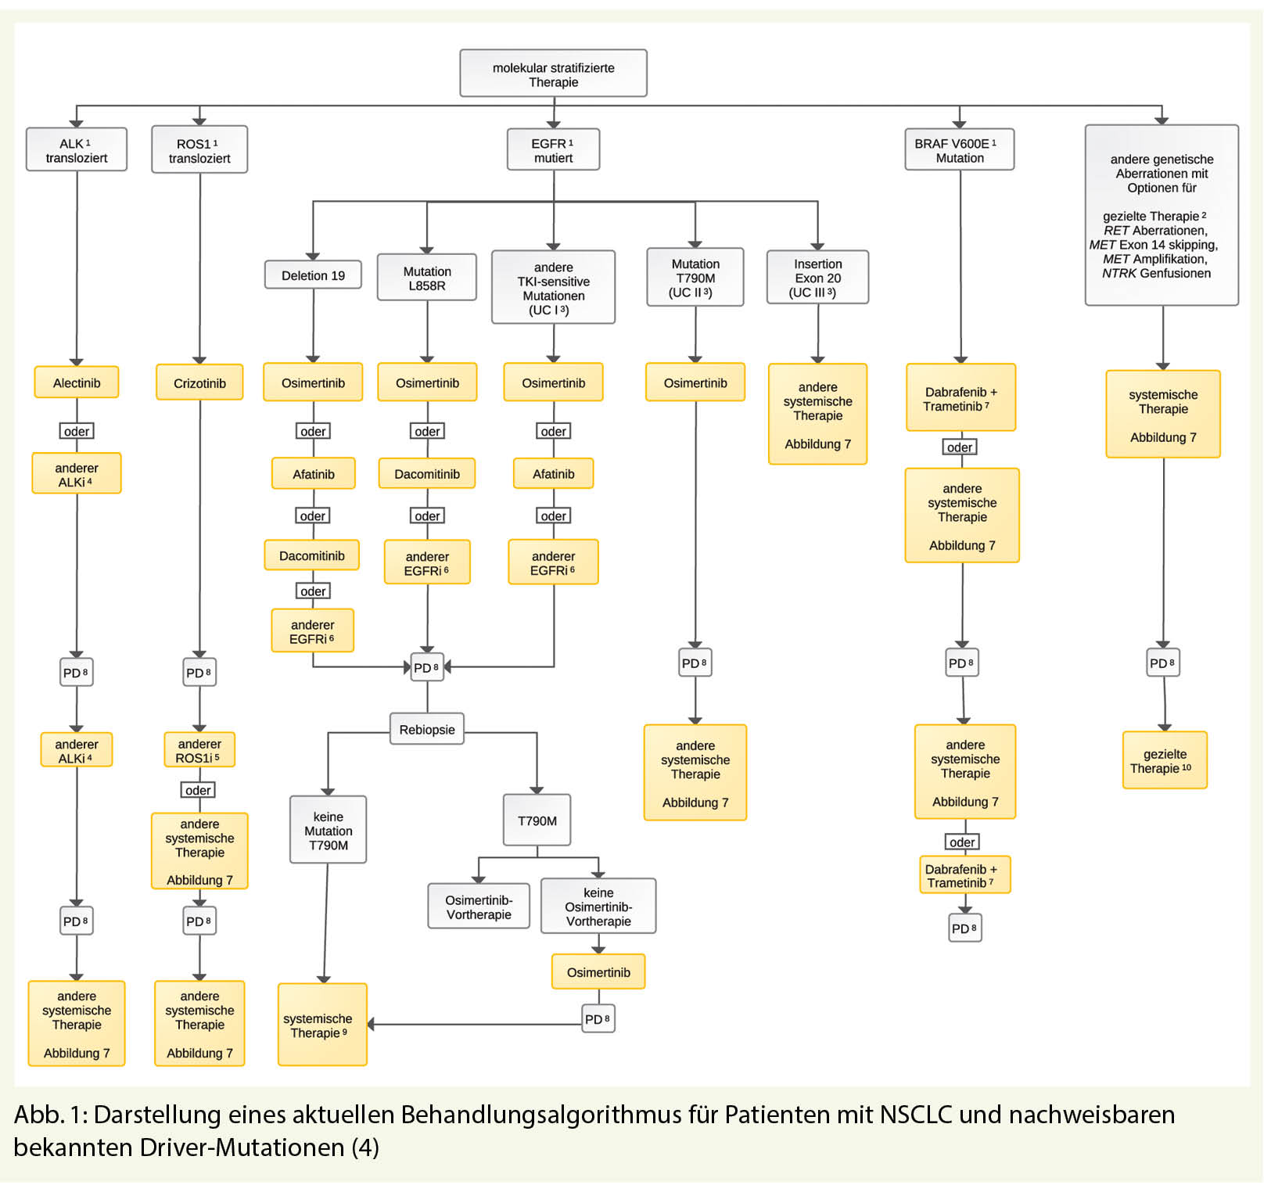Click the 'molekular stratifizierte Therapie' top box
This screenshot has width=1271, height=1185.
(553, 74)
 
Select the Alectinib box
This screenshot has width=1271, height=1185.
(77, 382)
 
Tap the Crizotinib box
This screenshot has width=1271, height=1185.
(199, 382)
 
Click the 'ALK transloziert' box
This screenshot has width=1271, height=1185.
(77, 150)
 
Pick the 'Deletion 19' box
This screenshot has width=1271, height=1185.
(313, 275)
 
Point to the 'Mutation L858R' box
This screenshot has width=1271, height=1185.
(427, 278)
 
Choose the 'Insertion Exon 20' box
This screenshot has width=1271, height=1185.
(817, 278)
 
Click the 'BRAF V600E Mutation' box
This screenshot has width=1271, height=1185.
(960, 150)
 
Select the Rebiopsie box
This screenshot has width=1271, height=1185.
(427, 729)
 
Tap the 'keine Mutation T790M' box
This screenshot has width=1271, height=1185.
(329, 830)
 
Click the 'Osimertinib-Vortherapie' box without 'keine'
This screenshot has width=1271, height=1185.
(479, 907)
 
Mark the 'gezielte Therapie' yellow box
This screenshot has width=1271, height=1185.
(1165, 760)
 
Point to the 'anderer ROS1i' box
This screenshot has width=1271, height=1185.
(199, 750)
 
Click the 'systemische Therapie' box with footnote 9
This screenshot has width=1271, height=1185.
(322, 1025)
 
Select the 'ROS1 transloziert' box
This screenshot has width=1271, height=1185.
(199, 150)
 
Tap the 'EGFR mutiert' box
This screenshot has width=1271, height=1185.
(553, 150)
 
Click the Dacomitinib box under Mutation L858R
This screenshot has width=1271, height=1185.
(427, 474)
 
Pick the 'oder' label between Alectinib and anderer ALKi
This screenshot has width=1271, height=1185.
(77, 431)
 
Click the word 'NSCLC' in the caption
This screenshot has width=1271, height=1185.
(916, 1114)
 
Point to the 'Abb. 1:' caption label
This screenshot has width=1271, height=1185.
(51, 1114)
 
